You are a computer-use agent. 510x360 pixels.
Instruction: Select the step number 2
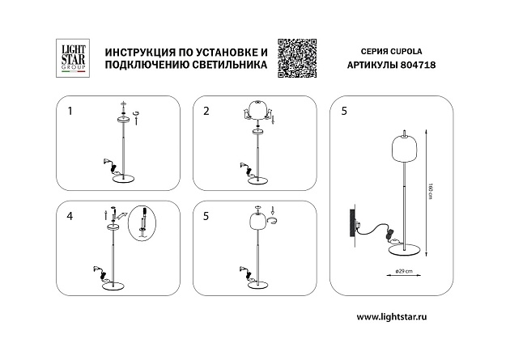(x=206, y=110)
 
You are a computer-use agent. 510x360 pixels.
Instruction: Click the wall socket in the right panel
(x=353, y=220)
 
